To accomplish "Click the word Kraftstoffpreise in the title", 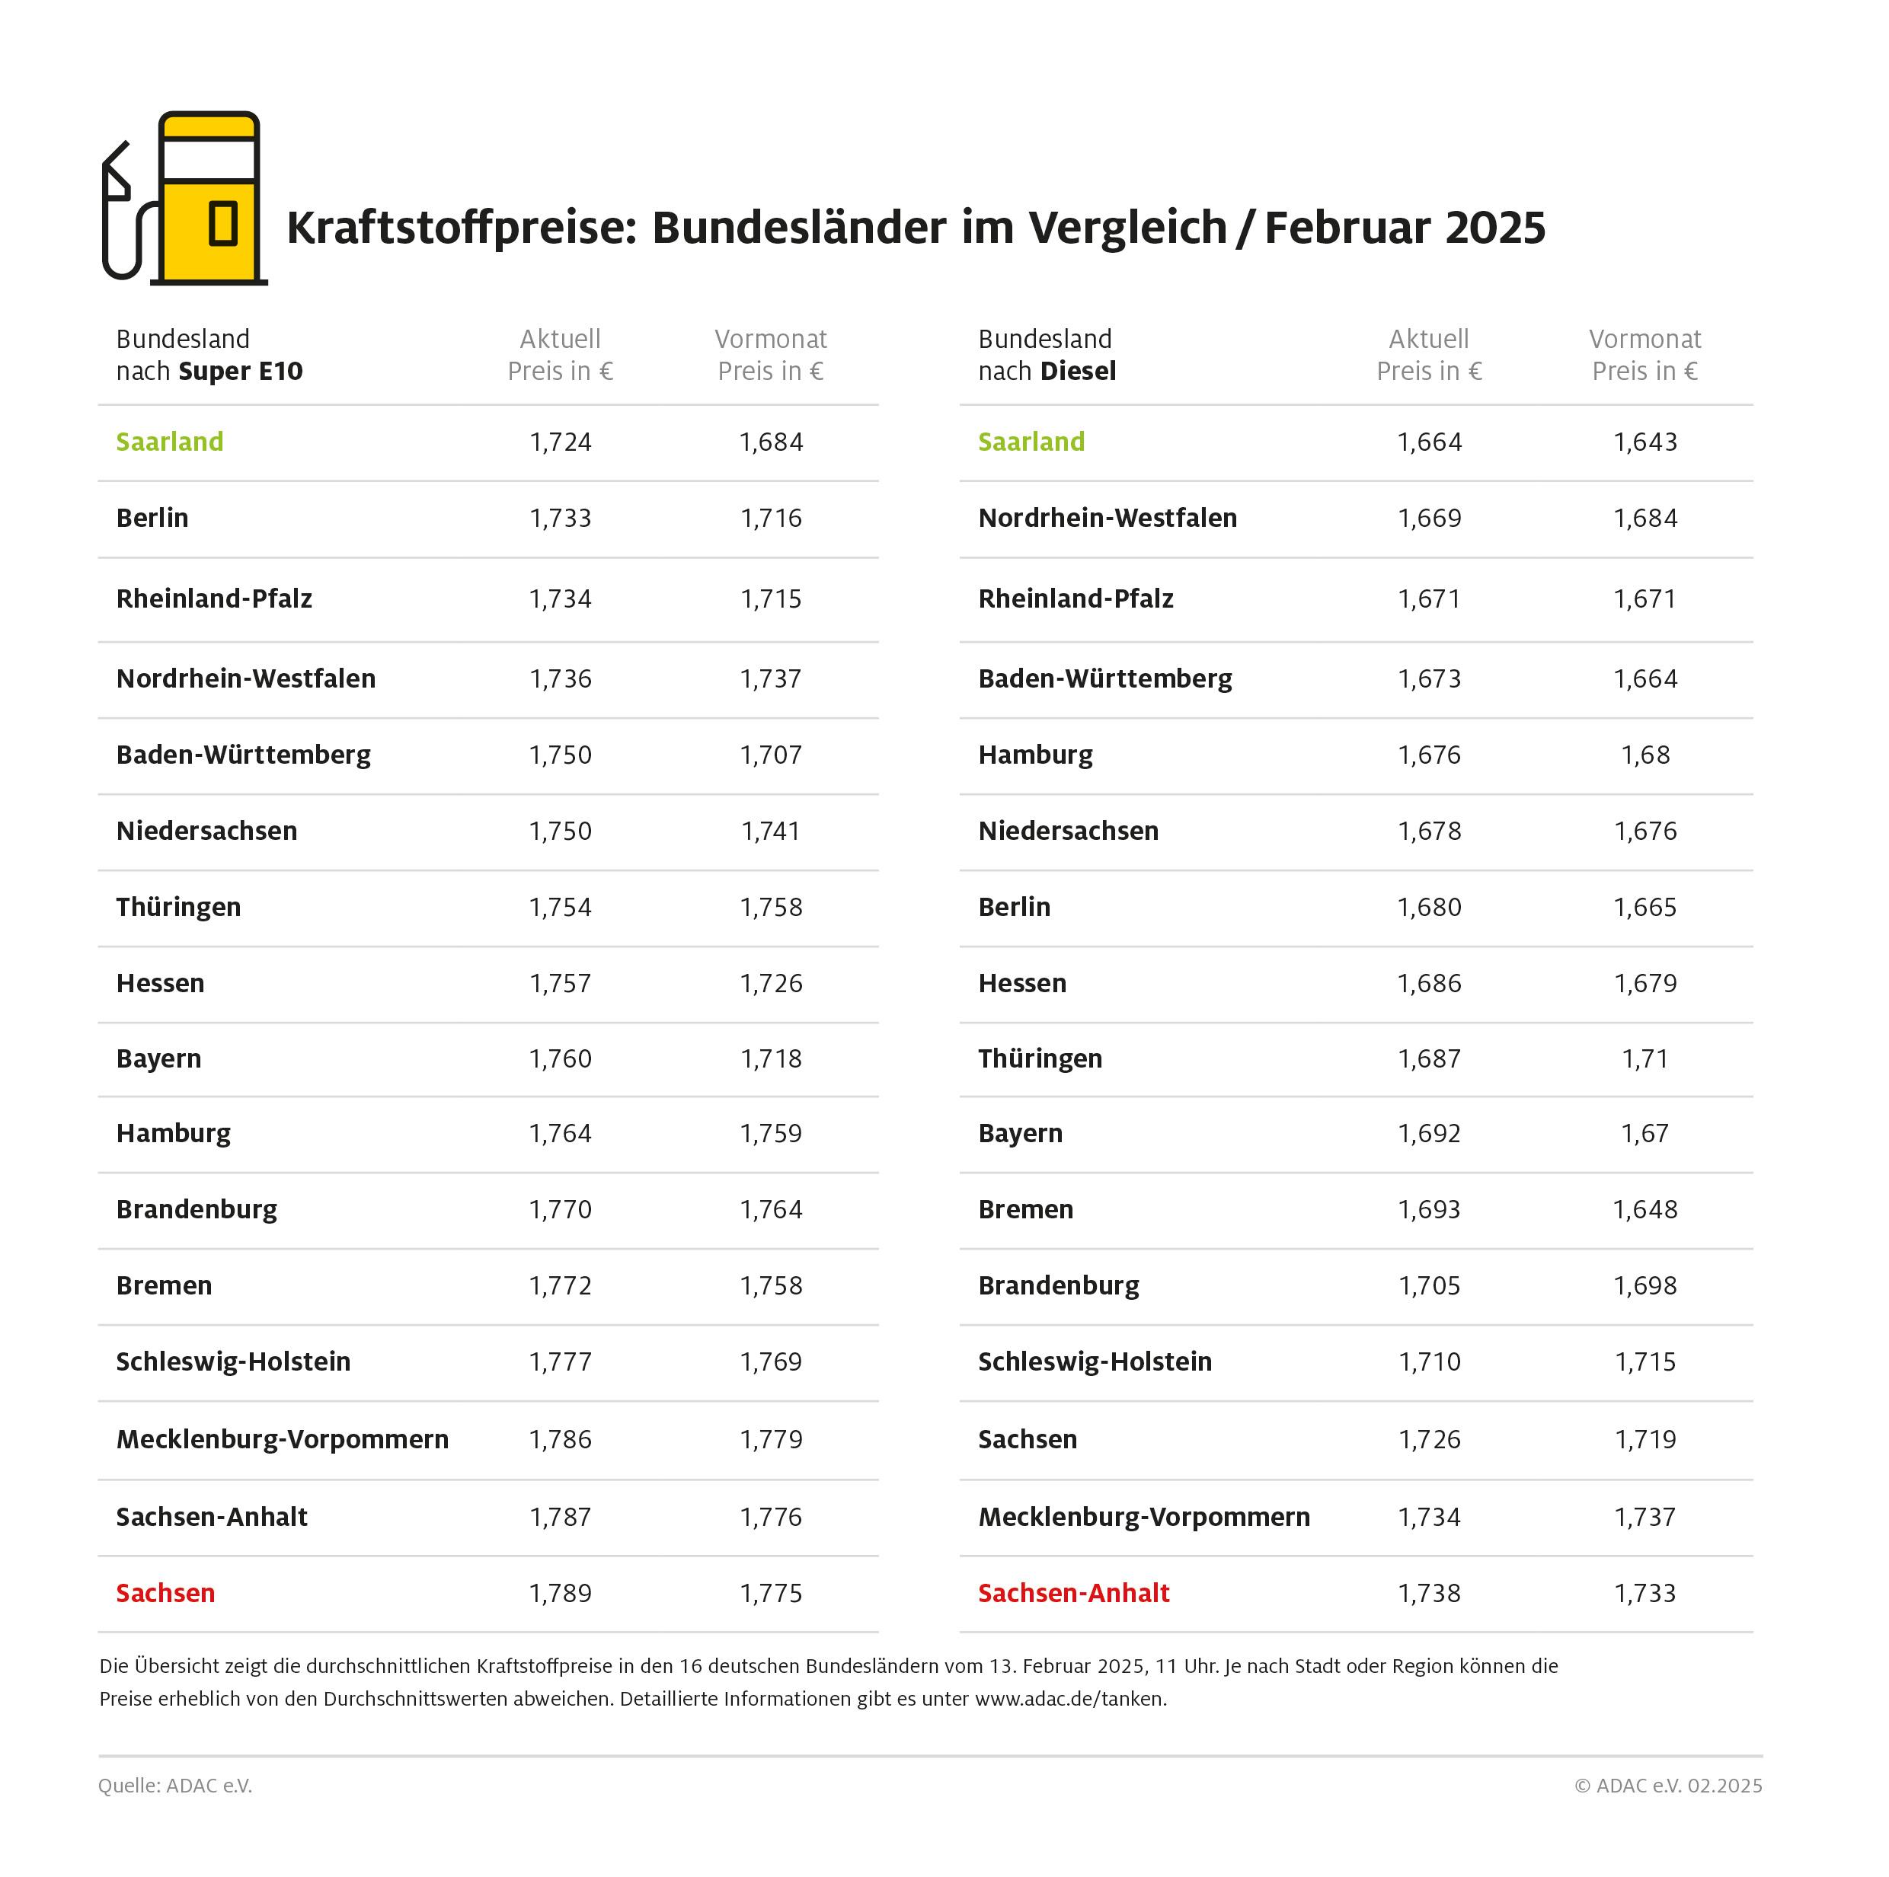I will tap(461, 228).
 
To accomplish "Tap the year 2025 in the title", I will tap(1495, 228).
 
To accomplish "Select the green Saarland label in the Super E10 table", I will tap(169, 442).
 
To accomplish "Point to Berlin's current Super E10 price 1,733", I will tap(561, 518).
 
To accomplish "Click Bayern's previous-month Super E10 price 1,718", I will tap(771, 1058).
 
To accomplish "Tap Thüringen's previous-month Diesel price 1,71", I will tap(1644, 1058).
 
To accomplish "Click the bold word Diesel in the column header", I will tap(1079, 372).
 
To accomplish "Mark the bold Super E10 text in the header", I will tap(241, 372).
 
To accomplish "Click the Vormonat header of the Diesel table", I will tap(1644, 339).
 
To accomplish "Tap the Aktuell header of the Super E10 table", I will tap(561, 339).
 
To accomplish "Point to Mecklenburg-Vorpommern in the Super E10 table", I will tap(282, 1439).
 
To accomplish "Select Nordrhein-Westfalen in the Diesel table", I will tap(1107, 518).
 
